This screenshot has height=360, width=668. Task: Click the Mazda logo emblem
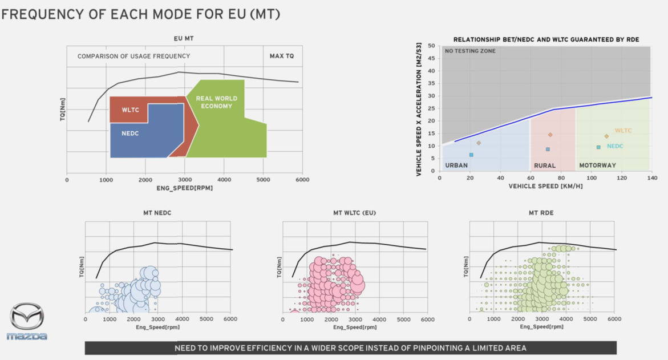click(x=27, y=317)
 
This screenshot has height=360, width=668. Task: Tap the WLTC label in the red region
click(x=130, y=110)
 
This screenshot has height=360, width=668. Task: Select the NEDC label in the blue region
click(x=130, y=134)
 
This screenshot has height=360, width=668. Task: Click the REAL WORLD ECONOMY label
click(x=216, y=102)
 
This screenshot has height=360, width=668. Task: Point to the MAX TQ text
click(x=282, y=56)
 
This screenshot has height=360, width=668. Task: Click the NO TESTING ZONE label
click(x=470, y=51)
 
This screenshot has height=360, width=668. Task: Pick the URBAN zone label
click(x=456, y=165)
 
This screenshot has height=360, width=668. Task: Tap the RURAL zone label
click(x=545, y=165)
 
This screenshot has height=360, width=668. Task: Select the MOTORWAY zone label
click(x=597, y=165)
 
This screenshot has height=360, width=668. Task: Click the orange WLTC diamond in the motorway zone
click(x=606, y=136)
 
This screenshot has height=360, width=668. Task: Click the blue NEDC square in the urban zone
click(x=471, y=155)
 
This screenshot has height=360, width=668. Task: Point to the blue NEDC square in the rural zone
click(x=548, y=149)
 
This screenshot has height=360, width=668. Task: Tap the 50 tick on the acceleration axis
click(x=431, y=46)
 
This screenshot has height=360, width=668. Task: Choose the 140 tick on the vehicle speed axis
click(x=650, y=177)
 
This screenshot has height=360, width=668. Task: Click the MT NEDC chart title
click(x=157, y=213)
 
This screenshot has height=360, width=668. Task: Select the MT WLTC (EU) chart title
click(x=354, y=213)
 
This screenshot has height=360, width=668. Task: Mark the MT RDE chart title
click(x=541, y=213)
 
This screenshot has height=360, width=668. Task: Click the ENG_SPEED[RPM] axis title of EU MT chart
click(x=184, y=188)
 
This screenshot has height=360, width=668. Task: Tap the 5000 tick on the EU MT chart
click(x=263, y=180)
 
